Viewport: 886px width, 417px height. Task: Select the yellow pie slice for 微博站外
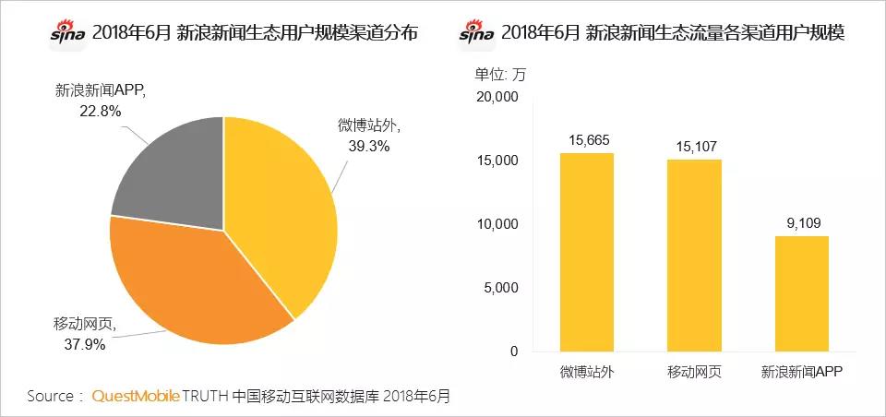281,212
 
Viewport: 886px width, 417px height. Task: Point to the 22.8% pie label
101,110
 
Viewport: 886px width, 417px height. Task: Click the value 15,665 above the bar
587,139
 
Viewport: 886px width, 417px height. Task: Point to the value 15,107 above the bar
694,145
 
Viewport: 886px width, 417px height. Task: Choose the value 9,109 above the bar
801,222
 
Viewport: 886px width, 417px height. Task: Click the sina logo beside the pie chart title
68,33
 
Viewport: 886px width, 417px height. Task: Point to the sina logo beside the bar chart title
476,33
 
